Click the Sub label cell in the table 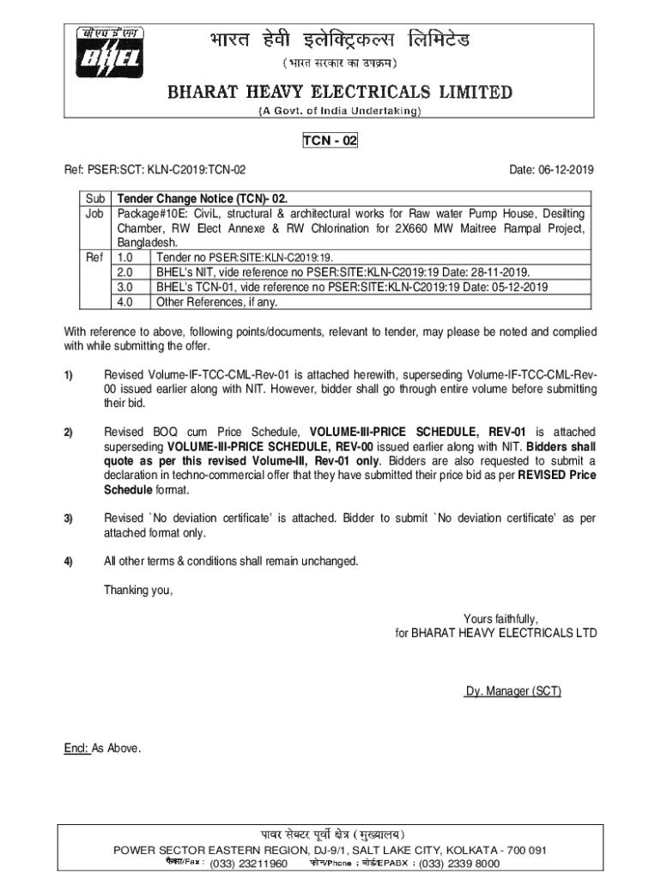(94, 197)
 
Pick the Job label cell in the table (94, 213)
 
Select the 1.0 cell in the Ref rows (125, 258)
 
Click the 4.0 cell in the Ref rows (125, 302)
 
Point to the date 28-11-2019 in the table (498, 272)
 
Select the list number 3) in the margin (68, 519)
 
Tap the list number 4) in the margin (68, 561)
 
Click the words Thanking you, (138, 590)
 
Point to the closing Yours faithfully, (501, 619)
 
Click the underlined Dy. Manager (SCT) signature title (513, 691)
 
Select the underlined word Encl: (76, 749)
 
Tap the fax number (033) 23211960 (249, 864)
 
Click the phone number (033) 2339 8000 (459, 864)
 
